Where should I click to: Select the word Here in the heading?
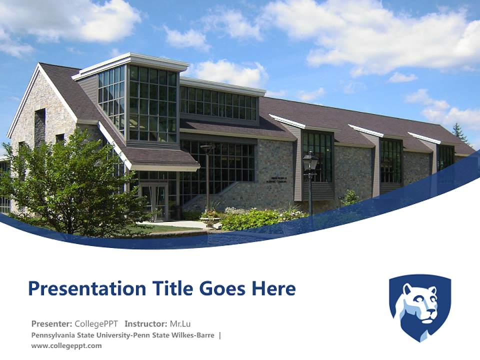(273, 288)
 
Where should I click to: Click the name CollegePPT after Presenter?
(96, 323)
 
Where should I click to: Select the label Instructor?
(146, 323)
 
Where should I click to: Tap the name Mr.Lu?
(181, 323)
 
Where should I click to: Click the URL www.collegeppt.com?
(66, 345)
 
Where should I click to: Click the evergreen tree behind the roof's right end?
(458, 133)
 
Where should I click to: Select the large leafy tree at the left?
(70, 185)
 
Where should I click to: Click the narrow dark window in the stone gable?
(40, 127)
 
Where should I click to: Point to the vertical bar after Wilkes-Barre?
(220, 335)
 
